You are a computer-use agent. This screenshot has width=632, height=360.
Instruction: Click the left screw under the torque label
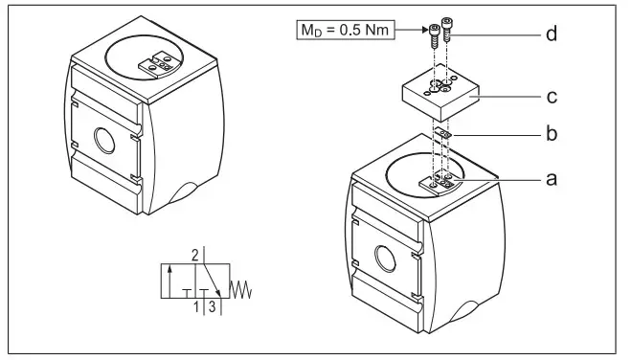click(435, 34)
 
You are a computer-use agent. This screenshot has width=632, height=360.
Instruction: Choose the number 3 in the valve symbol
click(211, 308)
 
